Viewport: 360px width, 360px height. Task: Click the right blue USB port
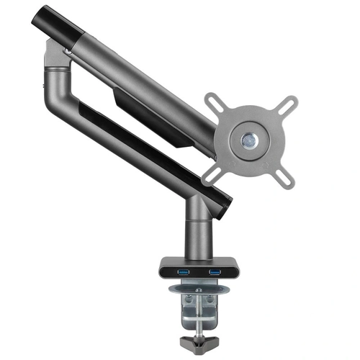214,271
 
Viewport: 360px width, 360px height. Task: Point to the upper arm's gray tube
144,79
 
